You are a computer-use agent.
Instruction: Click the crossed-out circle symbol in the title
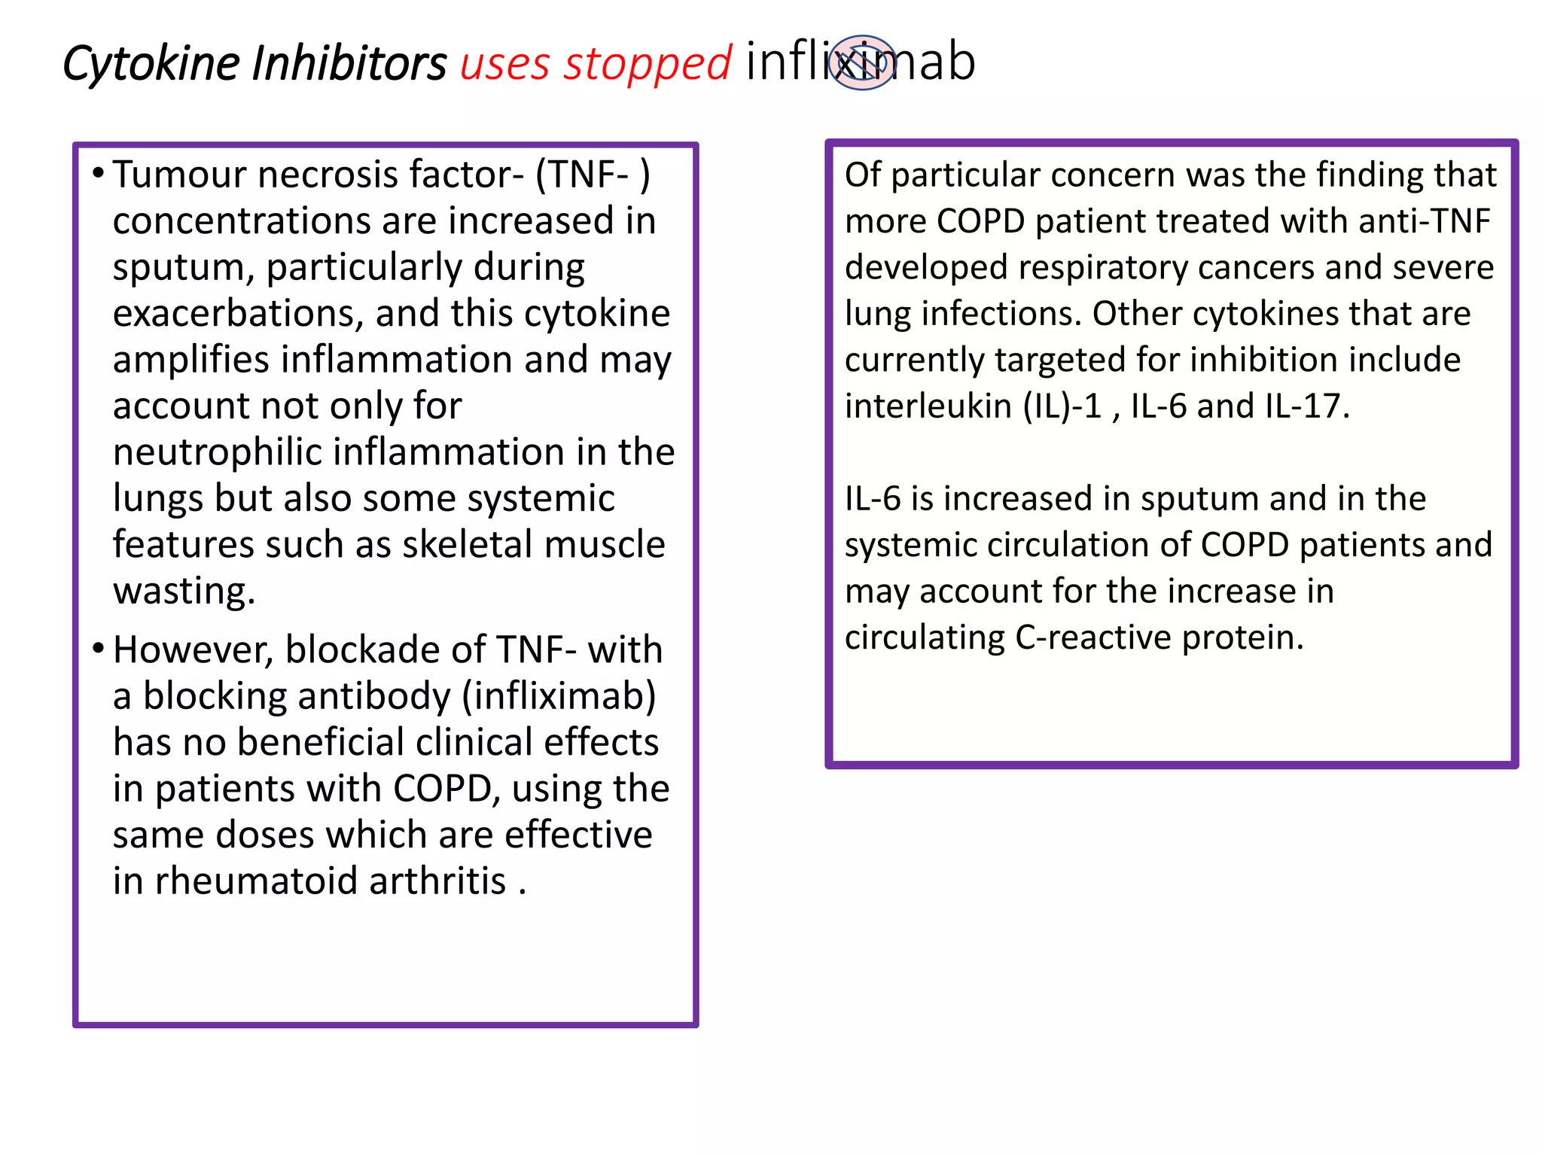coord(863,62)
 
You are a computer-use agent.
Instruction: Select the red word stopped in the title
coord(648,63)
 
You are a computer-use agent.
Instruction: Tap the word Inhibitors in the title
coord(349,63)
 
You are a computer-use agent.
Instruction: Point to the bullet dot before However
coord(98,648)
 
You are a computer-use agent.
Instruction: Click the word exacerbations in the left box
coord(238,313)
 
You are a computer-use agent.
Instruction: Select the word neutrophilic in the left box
coord(218,452)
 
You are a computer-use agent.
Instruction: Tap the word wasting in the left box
coord(184,591)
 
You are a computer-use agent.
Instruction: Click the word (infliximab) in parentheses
coord(559,696)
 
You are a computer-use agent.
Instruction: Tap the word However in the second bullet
coord(193,649)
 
